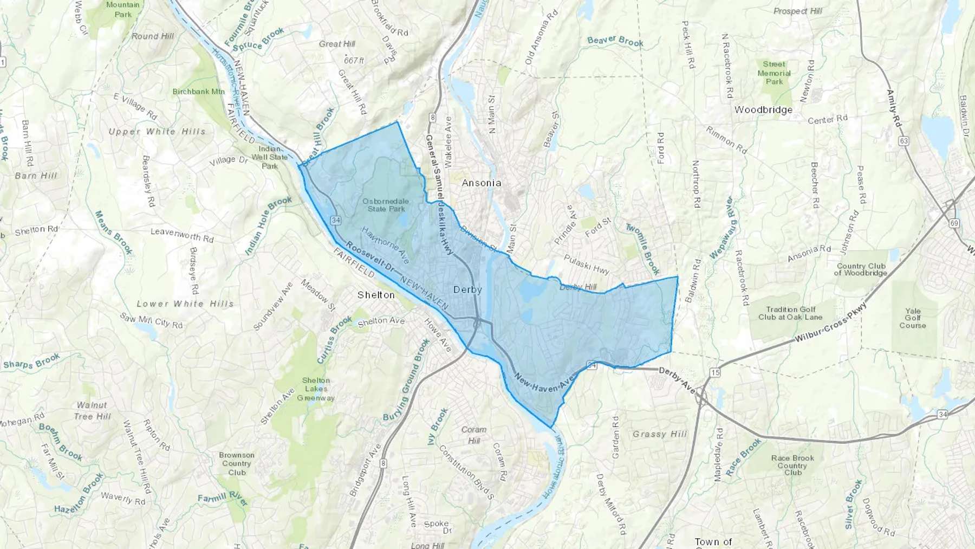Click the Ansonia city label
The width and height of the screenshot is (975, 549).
coord(481,183)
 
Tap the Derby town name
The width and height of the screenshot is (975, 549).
coord(467,290)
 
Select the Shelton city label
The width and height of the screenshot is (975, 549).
coord(376,295)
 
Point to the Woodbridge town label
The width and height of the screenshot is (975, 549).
coord(763,110)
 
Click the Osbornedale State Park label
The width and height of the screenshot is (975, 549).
coord(386,205)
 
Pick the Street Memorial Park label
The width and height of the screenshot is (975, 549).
coord(774,73)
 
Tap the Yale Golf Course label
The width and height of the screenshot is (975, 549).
coord(913,318)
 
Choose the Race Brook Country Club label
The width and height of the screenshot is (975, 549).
coord(792,465)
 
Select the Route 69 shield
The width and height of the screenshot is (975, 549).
coord(954,223)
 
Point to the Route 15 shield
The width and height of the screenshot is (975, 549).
coord(716,372)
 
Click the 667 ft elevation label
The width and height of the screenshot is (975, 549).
coord(354,60)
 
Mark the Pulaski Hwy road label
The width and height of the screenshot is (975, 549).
coord(587,264)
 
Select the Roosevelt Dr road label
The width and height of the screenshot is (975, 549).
coord(370,257)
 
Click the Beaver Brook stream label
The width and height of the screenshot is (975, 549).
coord(615,41)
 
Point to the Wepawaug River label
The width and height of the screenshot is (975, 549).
coord(721,228)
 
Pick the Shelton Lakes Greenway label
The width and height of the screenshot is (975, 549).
coord(316,389)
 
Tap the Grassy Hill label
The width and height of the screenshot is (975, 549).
coord(660,434)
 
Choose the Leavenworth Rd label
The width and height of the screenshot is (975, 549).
coord(182,235)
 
